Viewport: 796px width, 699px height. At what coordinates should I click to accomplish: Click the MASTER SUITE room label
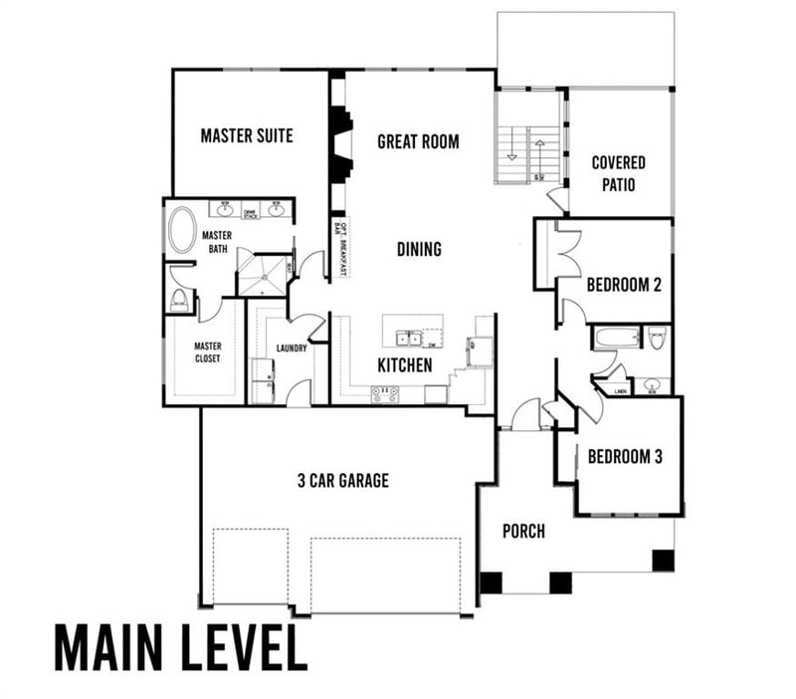(247, 135)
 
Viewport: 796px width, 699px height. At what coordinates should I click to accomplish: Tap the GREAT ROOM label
(418, 141)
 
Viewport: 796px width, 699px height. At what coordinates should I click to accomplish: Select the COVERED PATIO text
(618, 173)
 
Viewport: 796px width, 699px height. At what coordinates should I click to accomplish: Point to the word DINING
(419, 249)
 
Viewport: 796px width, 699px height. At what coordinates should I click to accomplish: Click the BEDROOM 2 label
(624, 284)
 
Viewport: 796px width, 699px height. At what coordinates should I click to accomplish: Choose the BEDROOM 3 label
(625, 457)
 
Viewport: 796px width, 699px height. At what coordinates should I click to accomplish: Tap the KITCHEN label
(405, 365)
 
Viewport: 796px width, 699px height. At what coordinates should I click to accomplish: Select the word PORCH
(523, 531)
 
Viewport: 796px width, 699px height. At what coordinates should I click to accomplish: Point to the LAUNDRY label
(292, 349)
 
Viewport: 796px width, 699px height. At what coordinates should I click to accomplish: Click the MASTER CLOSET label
(207, 351)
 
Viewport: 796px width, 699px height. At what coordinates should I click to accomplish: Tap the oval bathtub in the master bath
(182, 230)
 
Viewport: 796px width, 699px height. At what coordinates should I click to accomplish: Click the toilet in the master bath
(180, 300)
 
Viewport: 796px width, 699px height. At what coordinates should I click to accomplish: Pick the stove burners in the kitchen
(385, 393)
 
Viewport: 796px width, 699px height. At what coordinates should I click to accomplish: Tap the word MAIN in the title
(109, 647)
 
